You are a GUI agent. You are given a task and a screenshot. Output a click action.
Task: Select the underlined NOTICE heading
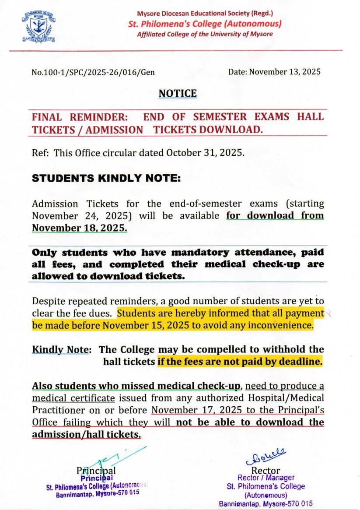pyautogui.click(x=178, y=93)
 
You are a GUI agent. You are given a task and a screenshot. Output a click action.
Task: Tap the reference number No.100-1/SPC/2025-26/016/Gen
pyautogui.click(x=93, y=72)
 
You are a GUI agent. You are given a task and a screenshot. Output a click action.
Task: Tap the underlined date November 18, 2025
pyautogui.click(x=79, y=228)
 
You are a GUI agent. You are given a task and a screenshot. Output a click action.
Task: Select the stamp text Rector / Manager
pyautogui.click(x=266, y=478)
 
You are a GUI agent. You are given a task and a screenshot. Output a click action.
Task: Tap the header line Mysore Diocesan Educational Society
pyautogui.click(x=205, y=14)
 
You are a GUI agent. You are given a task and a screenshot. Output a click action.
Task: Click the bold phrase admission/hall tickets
pyautogui.click(x=86, y=434)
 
